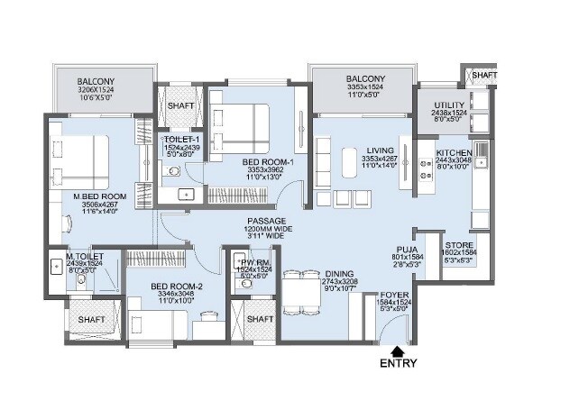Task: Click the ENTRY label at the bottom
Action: coord(398,364)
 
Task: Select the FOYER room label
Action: coord(394,295)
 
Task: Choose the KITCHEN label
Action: coord(454,153)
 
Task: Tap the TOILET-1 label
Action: coord(180,140)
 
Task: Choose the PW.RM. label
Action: coord(254,260)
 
